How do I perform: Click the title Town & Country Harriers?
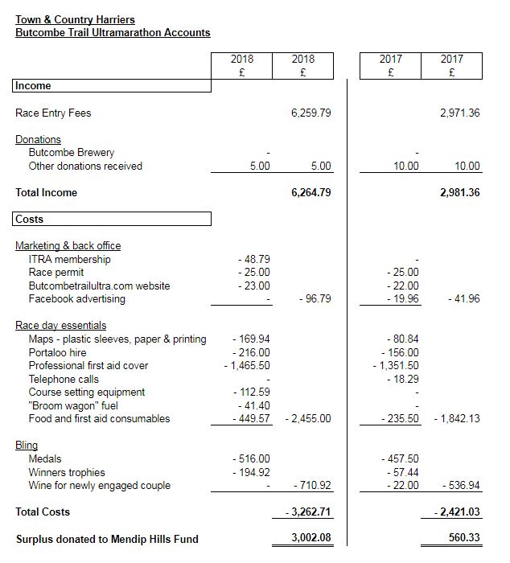[x=76, y=19]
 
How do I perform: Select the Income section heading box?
[x=111, y=86]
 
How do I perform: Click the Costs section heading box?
[x=111, y=219]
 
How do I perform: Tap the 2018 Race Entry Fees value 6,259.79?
[x=311, y=113]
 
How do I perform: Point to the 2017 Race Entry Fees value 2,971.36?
[x=459, y=113]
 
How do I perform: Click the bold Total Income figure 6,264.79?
[x=311, y=193]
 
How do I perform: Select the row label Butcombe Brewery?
[x=72, y=153]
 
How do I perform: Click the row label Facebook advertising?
[x=77, y=299]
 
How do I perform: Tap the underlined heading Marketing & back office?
[x=68, y=246]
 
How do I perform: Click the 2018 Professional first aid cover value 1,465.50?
[x=247, y=366]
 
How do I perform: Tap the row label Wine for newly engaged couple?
[x=100, y=486]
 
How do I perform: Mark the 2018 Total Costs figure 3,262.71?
[x=308, y=512]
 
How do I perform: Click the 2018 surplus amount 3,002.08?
[x=311, y=538]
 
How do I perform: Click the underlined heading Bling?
[x=27, y=446]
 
